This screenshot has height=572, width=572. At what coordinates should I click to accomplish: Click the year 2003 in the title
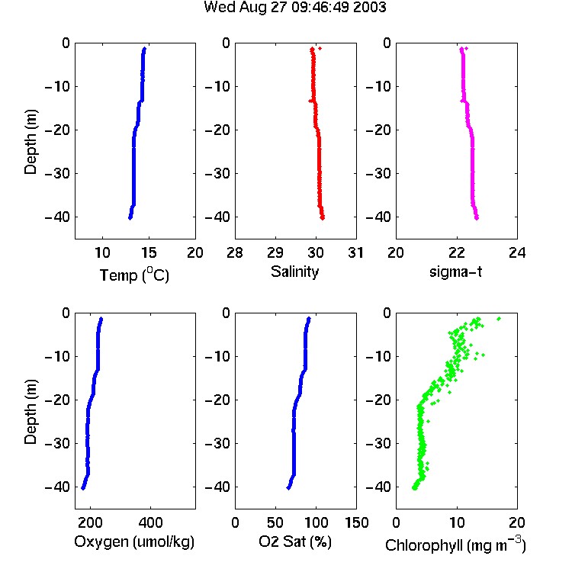pos(368,8)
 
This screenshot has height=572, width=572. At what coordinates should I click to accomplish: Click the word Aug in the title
pos(253,8)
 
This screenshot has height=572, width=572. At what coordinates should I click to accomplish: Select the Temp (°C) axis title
pos(134,275)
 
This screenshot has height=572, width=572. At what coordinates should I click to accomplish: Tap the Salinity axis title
pos(294,272)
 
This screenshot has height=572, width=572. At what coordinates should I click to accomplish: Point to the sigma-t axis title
pos(455,272)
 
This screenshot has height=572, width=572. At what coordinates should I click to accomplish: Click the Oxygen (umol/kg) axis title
pos(134,542)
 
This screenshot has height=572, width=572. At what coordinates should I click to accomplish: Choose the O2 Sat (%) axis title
pos(295,542)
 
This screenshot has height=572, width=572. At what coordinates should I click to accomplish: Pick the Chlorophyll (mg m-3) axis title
pos(455,545)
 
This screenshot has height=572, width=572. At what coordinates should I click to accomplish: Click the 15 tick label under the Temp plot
pos(149,252)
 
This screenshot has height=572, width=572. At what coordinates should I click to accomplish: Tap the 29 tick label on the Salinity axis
pos(275,252)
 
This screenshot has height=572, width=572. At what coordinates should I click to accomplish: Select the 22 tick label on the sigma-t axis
pos(457,252)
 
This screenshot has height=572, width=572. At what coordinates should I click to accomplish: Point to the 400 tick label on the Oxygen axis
pos(150,522)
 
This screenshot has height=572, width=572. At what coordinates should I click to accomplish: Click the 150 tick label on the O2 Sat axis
pos(357,522)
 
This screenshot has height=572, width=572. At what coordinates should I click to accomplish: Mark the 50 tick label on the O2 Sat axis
pos(275,522)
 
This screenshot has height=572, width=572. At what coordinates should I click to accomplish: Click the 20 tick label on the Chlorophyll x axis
pos(517,522)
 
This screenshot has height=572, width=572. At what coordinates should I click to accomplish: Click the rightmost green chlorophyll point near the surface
pos(499,319)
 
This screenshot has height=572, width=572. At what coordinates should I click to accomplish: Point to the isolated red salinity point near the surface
pos(320,48)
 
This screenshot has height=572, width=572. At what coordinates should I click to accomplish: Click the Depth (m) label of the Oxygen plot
pos(31,412)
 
